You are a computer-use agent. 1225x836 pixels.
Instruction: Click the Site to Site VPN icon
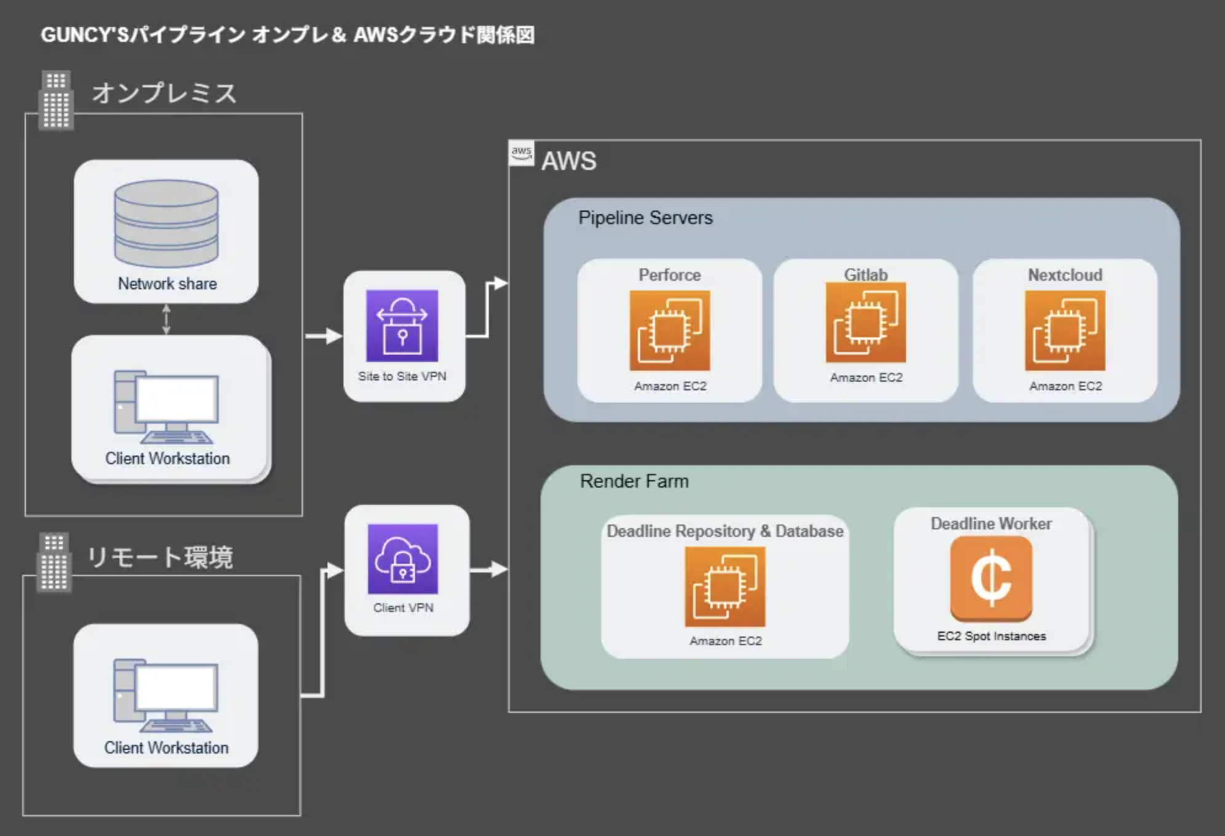point(402,326)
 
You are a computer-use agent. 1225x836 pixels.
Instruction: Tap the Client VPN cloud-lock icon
point(403,559)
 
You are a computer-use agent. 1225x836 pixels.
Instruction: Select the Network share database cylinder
point(166,223)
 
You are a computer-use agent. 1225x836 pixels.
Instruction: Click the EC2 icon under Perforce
point(670,331)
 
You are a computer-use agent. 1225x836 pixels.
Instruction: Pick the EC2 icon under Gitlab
point(866,322)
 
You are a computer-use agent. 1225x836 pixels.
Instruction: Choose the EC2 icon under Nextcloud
point(1065,331)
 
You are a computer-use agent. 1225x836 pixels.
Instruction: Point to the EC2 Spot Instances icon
point(991,577)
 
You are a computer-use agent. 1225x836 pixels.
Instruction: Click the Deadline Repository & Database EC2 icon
point(725,587)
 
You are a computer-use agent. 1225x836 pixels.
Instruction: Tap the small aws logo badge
point(521,153)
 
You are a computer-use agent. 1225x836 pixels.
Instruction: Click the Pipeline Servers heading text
point(645,218)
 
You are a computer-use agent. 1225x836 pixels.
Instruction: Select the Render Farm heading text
point(634,481)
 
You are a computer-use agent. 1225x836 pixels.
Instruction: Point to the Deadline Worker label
point(991,524)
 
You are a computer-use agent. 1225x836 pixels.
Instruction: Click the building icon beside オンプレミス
point(56,100)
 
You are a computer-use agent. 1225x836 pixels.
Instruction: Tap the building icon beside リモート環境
point(54,561)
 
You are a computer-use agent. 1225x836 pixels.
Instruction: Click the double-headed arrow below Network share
point(166,319)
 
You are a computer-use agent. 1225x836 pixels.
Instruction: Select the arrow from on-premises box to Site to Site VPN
point(324,336)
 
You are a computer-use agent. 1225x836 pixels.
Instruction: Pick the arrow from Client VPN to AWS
point(489,569)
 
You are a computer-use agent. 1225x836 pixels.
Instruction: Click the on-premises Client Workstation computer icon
point(166,407)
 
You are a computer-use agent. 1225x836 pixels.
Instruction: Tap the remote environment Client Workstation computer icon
point(166,696)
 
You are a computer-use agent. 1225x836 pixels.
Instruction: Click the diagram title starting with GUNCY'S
point(287,35)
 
